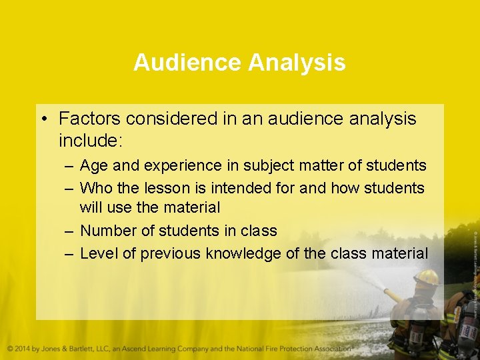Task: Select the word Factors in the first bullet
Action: (x=89, y=119)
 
